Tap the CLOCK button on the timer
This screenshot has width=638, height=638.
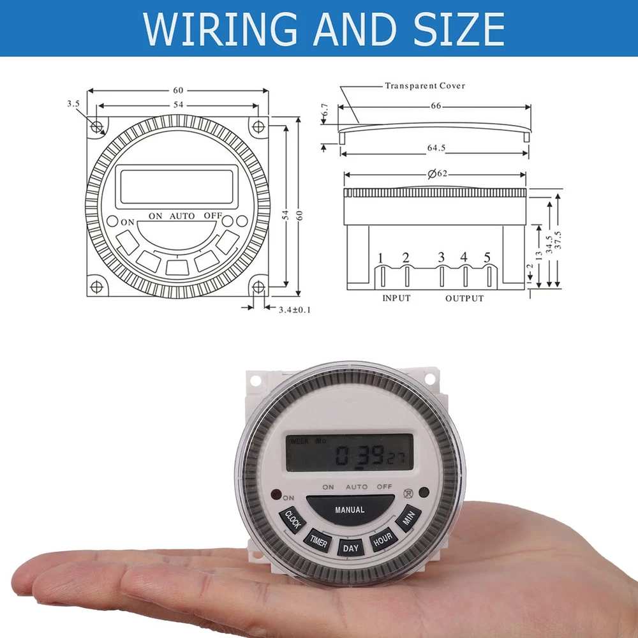(x=293, y=519)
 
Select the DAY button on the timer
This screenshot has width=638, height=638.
(x=350, y=547)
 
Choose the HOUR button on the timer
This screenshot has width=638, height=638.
(x=383, y=540)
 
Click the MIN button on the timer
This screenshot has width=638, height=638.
(x=408, y=517)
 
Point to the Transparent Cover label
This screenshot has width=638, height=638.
(x=425, y=86)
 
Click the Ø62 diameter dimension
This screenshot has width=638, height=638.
(x=438, y=174)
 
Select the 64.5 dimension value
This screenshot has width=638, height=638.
(x=436, y=148)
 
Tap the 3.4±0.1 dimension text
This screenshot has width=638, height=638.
(x=295, y=310)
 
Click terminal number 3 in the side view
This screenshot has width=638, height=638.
(x=441, y=257)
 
